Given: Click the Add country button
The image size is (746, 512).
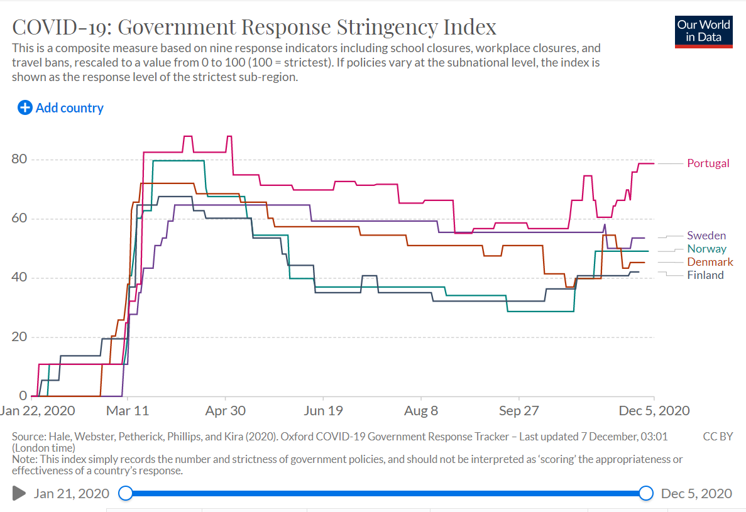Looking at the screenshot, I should [61, 108].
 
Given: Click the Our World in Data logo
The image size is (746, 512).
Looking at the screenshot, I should [703, 31].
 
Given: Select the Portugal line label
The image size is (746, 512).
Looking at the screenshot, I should [708, 163].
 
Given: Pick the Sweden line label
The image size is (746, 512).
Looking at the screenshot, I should [706, 236].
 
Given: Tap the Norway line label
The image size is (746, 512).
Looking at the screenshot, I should [706, 249].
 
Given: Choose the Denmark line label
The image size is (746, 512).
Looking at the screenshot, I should [710, 262].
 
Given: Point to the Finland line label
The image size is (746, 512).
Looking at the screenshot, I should [705, 275].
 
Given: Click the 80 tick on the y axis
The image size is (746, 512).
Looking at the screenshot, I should [19, 159].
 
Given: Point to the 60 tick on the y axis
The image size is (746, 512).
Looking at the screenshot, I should [19, 219].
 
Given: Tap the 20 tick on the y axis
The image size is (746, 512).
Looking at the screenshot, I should [19, 337].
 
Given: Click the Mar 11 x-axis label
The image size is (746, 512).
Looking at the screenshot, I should [128, 411].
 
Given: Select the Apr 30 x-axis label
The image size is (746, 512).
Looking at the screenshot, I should [225, 411].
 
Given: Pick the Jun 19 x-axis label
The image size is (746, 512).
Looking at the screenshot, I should [323, 411].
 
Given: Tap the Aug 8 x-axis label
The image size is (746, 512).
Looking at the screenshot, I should [421, 411].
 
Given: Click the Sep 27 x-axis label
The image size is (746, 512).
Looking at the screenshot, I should [519, 411].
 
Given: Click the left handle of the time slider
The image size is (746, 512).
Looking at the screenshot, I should [126, 493].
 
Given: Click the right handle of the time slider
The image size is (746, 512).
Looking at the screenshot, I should [646, 493].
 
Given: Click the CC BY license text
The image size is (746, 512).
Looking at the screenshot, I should [718, 437].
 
